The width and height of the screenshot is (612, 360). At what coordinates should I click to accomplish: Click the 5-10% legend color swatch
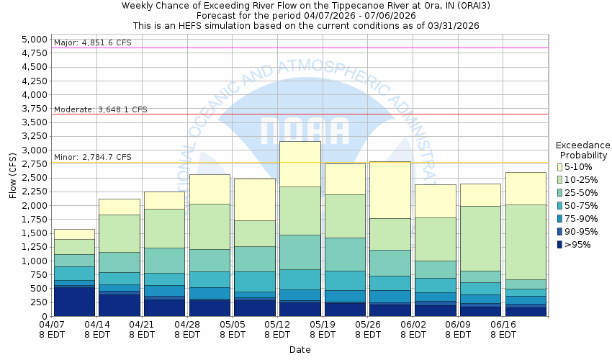[561, 167]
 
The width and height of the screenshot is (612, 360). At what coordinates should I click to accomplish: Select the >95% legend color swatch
[561, 245]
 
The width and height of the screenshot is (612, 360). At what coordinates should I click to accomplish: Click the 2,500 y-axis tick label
[34, 178]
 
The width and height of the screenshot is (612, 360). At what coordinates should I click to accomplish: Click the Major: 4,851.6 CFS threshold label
[93, 43]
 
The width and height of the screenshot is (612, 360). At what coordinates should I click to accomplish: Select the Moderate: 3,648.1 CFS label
[100, 109]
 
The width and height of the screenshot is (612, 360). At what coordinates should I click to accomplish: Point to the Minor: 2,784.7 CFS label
[93, 157]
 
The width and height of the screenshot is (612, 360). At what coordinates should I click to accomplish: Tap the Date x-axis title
[300, 349]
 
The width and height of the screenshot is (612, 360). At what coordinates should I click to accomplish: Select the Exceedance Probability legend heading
[582, 150]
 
